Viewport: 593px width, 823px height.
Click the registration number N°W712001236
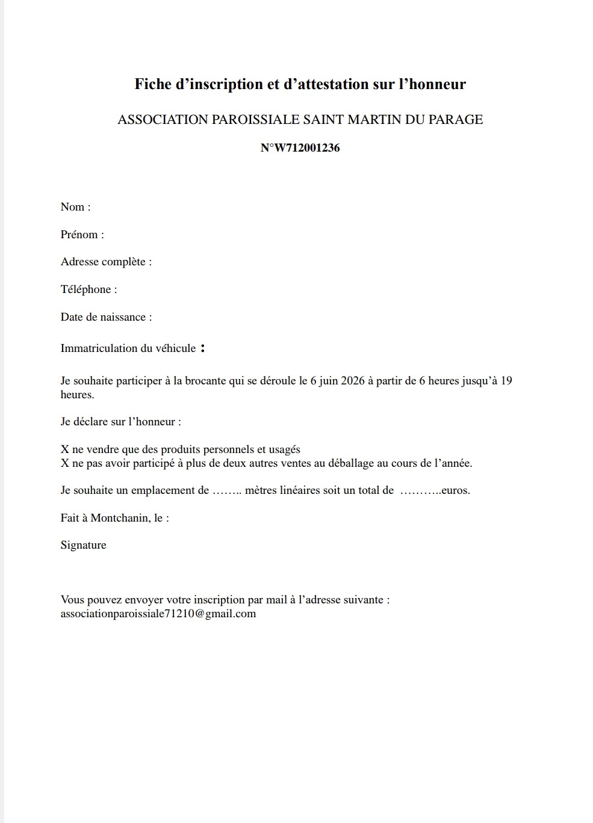(x=300, y=148)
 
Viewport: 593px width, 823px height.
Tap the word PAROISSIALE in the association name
(x=255, y=120)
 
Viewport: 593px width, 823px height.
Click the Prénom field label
(x=82, y=235)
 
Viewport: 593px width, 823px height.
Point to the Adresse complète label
(x=106, y=262)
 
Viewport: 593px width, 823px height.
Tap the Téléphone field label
(x=88, y=289)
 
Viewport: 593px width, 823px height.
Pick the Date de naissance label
(x=106, y=317)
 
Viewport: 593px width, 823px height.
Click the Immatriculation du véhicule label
(x=128, y=348)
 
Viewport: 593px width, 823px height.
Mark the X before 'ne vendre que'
(x=64, y=449)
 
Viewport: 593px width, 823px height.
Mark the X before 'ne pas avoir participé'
(x=64, y=463)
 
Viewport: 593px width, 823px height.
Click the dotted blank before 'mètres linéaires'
(x=227, y=491)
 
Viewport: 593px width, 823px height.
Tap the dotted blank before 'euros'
(x=420, y=491)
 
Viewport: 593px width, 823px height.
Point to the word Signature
(x=83, y=545)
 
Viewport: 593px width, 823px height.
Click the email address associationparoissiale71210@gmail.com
(x=158, y=614)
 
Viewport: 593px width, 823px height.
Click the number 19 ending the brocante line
(x=506, y=381)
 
